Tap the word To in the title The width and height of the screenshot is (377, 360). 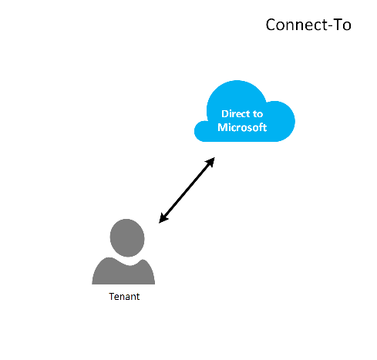coord(342,25)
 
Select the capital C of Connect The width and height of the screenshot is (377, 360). coord(271,25)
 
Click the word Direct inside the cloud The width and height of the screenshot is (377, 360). coord(236,113)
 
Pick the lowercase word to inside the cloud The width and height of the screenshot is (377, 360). coord(258,114)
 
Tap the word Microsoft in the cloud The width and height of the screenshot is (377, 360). coord(242,127)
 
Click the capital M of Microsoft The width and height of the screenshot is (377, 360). coord(222,127)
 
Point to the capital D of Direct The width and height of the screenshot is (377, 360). coord(225,113)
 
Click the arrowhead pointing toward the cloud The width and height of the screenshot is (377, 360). coord(210,163)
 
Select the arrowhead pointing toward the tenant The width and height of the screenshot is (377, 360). coord(163,218)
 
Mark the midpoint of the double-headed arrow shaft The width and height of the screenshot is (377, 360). coord(187,190)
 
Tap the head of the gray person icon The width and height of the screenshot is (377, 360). coord(127,237)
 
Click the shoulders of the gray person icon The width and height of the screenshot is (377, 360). coord(123,273)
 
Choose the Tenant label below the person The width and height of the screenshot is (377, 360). coord(124,297)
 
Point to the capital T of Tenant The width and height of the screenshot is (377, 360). coord(112,296)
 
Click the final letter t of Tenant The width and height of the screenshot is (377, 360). coord(138,297)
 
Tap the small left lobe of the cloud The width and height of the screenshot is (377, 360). coord(203,131)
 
